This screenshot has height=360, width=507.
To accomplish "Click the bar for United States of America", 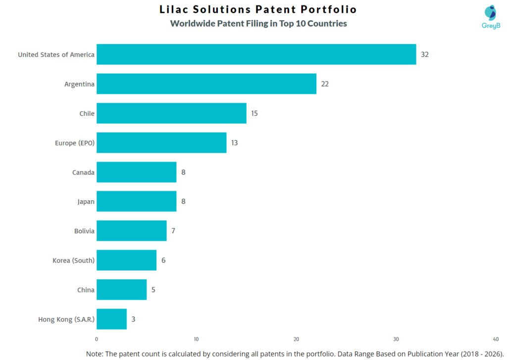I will point(256,54).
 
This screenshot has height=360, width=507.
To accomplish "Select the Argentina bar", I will point(206,84).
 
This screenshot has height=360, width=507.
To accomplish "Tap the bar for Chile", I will point(171,113).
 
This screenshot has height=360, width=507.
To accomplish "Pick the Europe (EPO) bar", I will point(161,143).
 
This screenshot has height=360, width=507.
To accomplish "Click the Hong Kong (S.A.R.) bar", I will point(111,319).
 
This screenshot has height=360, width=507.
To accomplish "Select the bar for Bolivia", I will point(131,231).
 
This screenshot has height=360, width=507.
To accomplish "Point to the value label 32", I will point(424,54).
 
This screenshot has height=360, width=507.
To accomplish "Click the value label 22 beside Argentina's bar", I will point(325,84).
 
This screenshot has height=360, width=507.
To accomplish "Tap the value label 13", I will point(234,143).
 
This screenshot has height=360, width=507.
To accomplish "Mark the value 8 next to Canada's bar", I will point(183,172).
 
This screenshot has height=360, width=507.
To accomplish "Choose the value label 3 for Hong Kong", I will point(133,319).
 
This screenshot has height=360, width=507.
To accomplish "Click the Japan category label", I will point(86,202).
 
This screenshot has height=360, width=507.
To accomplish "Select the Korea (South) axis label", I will point(73,260).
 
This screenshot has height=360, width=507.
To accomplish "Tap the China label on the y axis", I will point(86,290).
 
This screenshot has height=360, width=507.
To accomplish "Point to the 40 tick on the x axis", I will point(496,339).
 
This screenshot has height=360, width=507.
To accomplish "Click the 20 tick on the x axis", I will point(296,339).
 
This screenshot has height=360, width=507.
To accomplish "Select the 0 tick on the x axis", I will point(97,339).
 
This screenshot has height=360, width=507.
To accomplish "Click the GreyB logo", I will point(491,17).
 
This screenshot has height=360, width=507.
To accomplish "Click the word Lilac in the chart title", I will point(175,9).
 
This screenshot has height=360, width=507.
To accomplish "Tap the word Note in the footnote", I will point(96,354).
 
